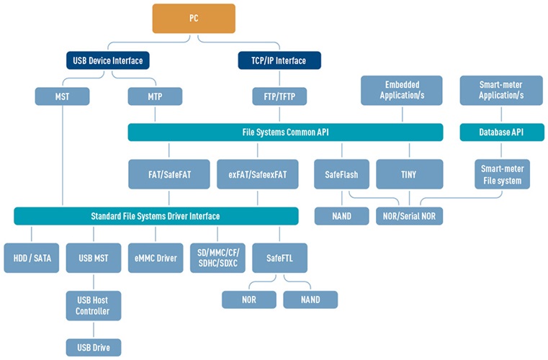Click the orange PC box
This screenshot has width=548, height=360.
pos(193,18)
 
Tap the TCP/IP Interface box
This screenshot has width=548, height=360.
pos(279,60)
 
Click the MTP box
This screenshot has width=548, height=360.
pos(155,96)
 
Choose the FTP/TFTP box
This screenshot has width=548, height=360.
pos(279,96)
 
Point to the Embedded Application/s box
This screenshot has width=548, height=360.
pos(402,90)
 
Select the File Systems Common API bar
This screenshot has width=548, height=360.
pos(285,132)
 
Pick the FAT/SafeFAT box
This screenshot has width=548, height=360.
pos(169,174)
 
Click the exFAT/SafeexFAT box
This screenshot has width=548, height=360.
pos(257,174)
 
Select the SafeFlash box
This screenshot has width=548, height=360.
pos(341,174)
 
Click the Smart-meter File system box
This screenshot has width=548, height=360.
pos(502,174)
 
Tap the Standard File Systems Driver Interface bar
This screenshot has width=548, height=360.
pos(156,215)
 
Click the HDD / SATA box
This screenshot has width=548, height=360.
pos(31,258)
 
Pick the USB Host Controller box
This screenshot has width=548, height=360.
pos(93,305)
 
